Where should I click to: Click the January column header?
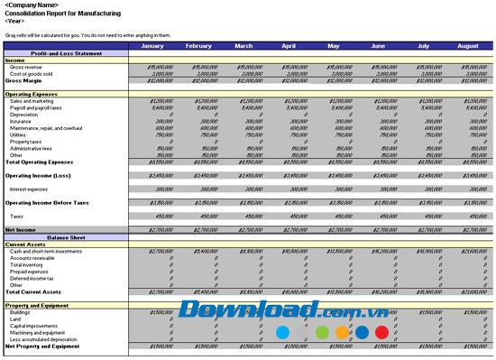pyautogui.click(x=153, y=46)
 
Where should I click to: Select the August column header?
pyautogui.click(x=468, y=46)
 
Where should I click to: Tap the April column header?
pyautogui.click(x=289, y=46)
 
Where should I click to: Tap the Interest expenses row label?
pyautogui.click(x=28, y=189)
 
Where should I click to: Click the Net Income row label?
pyautogui.click(x=21, y=230)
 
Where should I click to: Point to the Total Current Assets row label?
pyautogui.click(x=33, y=292)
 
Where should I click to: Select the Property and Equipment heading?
pyautogui.click(x=38, y=305)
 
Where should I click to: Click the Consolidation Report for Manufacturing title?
pyautogui.click(x=56, y=13)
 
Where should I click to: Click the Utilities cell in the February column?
pyautogui.click(x=206, y=134)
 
